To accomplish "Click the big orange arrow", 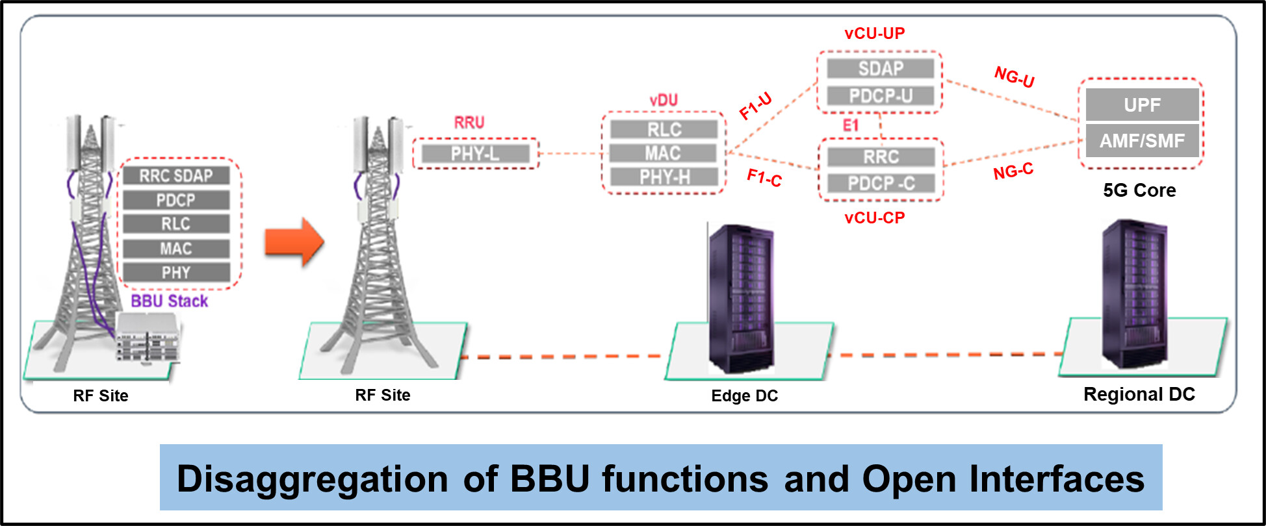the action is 294,242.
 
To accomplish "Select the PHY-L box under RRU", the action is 476,154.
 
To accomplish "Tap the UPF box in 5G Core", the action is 1142,105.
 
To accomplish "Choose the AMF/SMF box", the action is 1142,140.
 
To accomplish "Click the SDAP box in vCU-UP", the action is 881,68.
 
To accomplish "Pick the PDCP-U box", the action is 881,96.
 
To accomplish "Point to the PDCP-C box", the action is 881,184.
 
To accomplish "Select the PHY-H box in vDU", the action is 664,177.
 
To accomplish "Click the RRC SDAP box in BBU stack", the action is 176,175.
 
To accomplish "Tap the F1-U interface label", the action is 756,106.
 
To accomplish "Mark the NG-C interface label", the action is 1013,171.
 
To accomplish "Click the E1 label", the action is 851,125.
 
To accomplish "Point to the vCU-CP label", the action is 875,218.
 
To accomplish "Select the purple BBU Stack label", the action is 170,301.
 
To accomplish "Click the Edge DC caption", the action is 745,395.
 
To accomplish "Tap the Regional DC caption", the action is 1139,394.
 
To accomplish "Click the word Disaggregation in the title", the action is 313,480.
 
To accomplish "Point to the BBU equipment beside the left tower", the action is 148,336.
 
